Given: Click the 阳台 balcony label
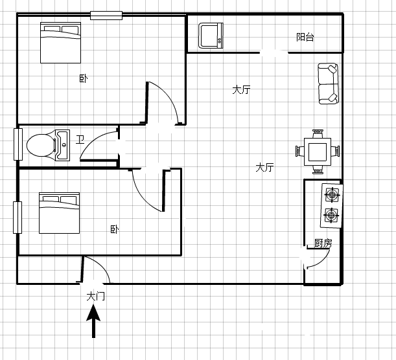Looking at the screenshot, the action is [x=305, y=37].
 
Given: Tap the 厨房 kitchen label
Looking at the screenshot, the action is [x=323, y=243].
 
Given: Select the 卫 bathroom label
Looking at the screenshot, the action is [x=80, y=139].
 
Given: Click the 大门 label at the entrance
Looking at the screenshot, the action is [x=95, y=296].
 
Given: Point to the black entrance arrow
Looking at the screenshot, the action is [x=94, y=321].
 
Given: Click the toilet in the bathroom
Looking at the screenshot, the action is [x=41, y=145].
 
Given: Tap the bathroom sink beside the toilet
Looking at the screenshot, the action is [x=62, y=145].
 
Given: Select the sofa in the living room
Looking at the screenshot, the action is [x=328, y=84].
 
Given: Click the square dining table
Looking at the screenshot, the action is [x=318, y=152].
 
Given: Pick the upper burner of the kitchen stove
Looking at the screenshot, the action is [x=332, y=194].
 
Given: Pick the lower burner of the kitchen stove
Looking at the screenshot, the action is [x=331, y=215].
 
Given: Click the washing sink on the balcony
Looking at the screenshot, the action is [x=211, y=36].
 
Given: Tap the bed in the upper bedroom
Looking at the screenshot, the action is [x=61, y=43].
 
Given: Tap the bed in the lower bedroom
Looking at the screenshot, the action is [x=60, y=213].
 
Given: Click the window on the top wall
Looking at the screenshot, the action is [x=106, y=16].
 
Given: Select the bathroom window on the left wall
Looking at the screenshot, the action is [x=18, y=144].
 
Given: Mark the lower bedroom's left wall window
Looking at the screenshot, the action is [x=17, y=218].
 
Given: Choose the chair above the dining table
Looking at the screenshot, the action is [x=318, y=134].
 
